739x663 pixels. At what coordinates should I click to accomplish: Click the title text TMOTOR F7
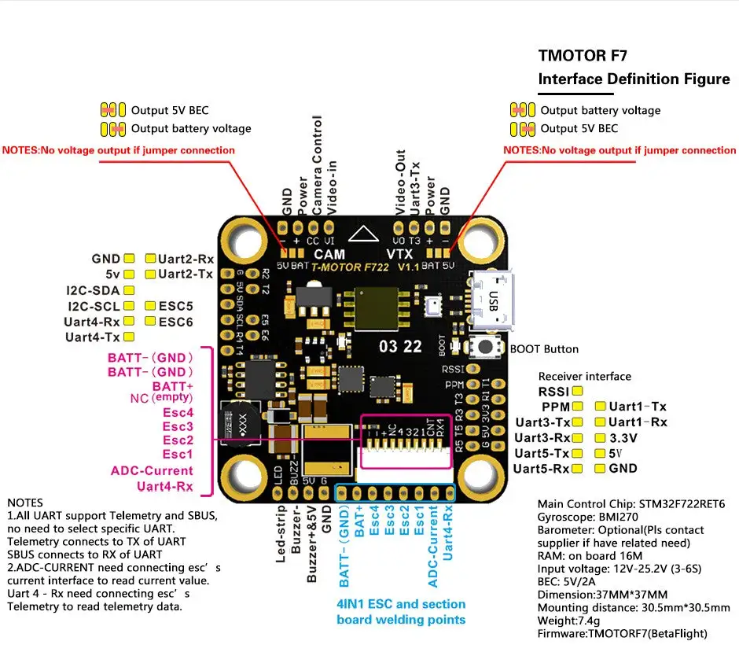(583, 56)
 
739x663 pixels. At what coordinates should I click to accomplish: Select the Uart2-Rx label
(186, 258)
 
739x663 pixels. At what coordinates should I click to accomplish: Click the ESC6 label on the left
(175, 322)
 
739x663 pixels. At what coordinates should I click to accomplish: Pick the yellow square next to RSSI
(578, 391)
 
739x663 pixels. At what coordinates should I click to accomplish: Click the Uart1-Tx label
(637, 407)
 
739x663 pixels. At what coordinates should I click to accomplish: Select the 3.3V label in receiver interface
(628, 437)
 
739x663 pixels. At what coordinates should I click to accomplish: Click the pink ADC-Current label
(152, 470)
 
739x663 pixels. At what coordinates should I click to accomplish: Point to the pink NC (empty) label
(161, 398)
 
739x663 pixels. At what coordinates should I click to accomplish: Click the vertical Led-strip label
(281, 539)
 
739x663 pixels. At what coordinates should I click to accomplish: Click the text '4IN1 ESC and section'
(401, 604)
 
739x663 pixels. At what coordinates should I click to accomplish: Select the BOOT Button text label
(544, 349)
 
